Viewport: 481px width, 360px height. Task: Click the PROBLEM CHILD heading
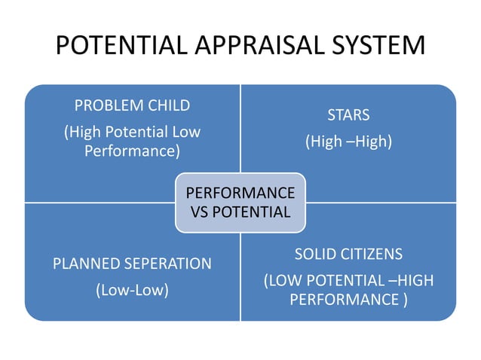pyautogui.click(x=132, y=105)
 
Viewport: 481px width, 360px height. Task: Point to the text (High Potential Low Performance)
pyautogui.click(x=132, y=141)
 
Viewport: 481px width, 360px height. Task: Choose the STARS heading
pyautogui.click(x=348, y=115)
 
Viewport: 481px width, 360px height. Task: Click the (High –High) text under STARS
pyautogui.click(x=348, y=141)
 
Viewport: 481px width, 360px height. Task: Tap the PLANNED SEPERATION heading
pyautogui.click(x=132, y=264)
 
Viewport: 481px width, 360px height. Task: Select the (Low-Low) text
pyautogui.click(x=132, y=290)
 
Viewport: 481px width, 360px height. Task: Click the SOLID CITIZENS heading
pyautogui.click(x=348, y=253)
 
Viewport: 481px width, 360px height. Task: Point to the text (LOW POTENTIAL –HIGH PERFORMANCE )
pyautogui.click(x=348, y=290)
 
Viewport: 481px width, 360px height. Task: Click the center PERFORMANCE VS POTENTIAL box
pyautogui.click(x=240, y=202)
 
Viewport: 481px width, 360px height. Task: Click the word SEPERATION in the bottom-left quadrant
pyautogui.click(x=165, y=264)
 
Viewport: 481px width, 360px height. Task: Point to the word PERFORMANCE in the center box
pyautogui.click(x=240, y=192)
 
